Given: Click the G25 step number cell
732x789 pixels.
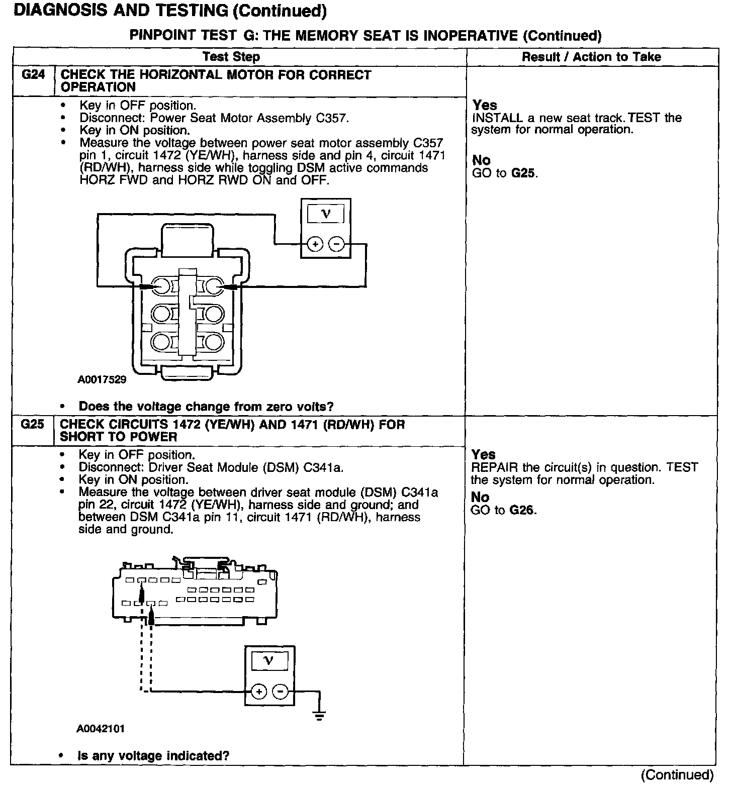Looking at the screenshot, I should point(33,425).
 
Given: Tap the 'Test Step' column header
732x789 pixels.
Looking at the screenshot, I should point(231,57).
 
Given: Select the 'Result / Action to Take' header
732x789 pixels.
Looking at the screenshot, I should point(591,57).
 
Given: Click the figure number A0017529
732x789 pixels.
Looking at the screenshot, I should point(102,379).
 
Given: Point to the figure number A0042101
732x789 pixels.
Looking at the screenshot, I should point(101,729).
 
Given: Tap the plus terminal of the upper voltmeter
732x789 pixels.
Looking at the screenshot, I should point(315,245).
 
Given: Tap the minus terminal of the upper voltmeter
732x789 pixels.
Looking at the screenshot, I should point(336,245).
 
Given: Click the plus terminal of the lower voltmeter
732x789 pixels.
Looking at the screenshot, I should point(259,692).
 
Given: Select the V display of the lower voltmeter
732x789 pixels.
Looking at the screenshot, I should point(269,661).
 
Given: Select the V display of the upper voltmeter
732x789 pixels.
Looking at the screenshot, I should point(326,215).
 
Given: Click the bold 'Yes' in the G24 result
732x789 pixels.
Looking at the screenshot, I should point(485,105).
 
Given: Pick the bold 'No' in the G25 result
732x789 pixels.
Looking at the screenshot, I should point(480,497).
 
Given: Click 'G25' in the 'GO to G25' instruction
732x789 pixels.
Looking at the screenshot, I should point(523,174).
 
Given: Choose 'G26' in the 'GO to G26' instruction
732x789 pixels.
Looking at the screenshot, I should point(522,511).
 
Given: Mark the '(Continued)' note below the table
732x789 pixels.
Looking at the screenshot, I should point(677,774).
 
